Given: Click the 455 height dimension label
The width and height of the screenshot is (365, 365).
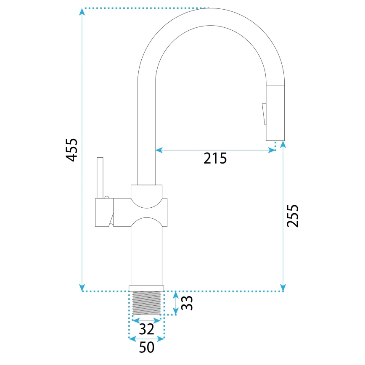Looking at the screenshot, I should click(72, 149).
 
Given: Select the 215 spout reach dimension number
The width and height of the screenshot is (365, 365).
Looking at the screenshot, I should click(215, 158).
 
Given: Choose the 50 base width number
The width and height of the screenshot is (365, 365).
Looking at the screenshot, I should click(146, 347).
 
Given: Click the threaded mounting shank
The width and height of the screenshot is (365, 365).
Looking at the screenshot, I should click(146, 303).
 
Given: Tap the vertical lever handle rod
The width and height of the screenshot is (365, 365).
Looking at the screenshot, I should click(100, 177).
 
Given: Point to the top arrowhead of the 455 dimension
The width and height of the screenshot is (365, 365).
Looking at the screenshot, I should click(82, 11).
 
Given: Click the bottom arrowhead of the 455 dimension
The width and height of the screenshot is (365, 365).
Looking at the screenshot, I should click(82, 288).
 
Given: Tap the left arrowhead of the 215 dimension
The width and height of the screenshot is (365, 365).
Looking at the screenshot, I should click(159, 149).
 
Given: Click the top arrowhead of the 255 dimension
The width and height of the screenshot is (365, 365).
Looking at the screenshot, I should click(283, 144).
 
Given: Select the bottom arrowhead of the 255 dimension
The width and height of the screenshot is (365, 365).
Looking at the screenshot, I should click(283, 288).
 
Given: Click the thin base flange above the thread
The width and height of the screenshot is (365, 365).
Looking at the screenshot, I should click(146, 288).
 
